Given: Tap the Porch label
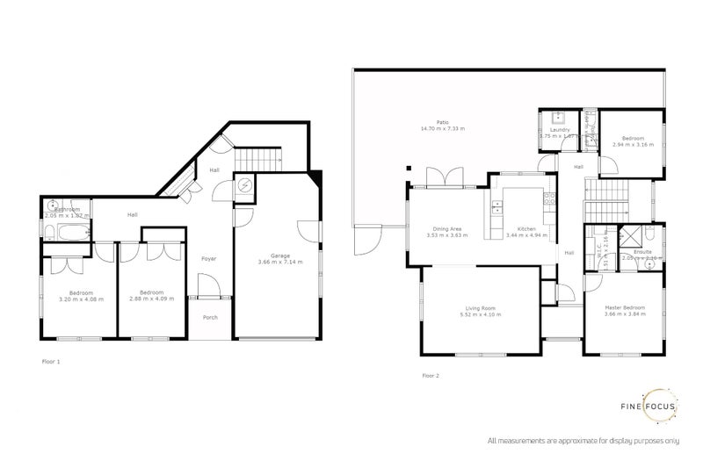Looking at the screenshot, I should (210, 318).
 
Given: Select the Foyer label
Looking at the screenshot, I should (209, 258).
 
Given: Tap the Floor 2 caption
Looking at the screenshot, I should (430, 375).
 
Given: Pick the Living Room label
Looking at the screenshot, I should (481, 308).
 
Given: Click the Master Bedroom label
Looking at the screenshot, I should (625, 308).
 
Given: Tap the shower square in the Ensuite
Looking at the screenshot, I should (630, 236).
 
